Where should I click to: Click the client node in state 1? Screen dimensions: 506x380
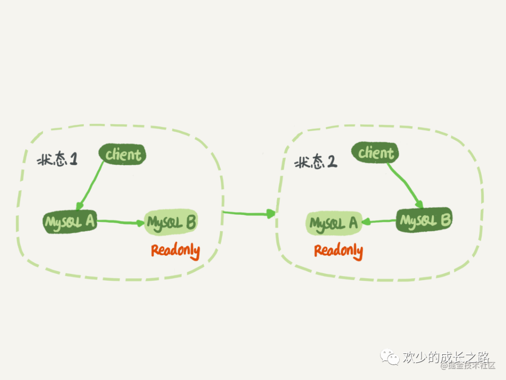point(122,155)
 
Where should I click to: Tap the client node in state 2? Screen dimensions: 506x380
point(376,153)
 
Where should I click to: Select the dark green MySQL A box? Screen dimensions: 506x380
point(70,222)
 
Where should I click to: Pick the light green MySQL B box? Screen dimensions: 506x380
point(171,221)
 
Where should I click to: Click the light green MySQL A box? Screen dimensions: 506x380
point(334,223)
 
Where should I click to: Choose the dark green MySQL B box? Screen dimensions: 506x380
point(424,220)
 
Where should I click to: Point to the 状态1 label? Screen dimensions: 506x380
point(57,160)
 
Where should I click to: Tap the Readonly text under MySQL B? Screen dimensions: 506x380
point(175,251)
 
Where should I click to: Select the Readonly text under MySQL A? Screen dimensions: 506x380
point(338,251)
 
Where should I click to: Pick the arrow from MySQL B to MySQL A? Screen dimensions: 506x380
point(379,221)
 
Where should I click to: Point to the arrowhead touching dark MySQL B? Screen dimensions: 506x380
point(420,205)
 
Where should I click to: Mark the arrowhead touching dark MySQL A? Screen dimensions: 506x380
point(80,207)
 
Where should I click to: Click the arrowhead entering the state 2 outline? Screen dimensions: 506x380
point(271,214)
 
